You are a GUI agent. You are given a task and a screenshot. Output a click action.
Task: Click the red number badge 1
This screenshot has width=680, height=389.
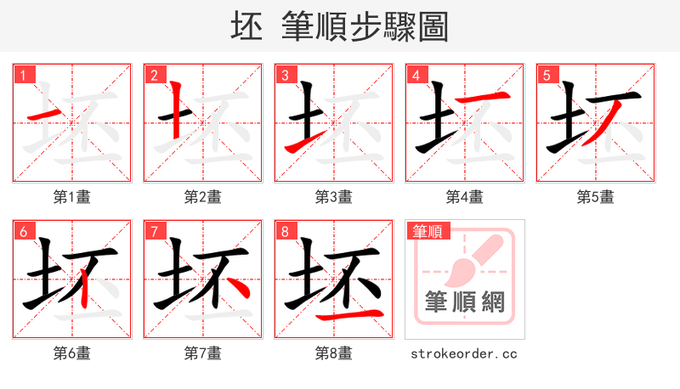23,75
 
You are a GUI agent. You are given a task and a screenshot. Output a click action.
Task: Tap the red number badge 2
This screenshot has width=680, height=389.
154,75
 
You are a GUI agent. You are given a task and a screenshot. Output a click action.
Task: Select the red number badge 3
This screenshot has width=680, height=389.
285,75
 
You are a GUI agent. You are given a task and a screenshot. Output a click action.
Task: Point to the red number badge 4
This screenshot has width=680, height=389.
416,75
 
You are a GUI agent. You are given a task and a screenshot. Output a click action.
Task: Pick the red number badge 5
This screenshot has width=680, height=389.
547,75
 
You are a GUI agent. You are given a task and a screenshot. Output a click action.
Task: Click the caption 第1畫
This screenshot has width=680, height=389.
72,197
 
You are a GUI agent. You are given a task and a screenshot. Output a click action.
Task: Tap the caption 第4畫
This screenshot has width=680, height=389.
465,197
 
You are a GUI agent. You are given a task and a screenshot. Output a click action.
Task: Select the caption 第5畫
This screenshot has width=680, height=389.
596,197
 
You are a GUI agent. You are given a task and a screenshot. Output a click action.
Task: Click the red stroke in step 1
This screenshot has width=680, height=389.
46,114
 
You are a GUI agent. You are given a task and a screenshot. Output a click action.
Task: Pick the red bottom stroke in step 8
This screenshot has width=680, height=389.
348,317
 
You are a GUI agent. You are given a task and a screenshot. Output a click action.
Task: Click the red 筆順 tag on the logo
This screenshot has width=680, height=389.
430,231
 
